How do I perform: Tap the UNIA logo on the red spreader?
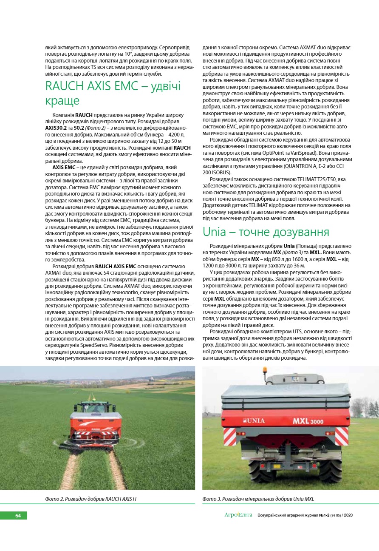coord(254,420)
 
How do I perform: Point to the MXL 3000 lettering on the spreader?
coord(308,421)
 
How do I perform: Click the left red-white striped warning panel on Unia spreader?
coord(230,437)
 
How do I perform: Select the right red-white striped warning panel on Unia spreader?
coord(341,436)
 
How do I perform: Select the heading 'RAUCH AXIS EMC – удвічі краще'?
coord(113,93)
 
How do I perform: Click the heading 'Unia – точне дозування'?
coord(266,232)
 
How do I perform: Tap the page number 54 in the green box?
coord(18,516)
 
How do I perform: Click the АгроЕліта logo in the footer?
coord(238,515)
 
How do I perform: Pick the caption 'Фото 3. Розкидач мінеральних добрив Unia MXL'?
coord(258,499)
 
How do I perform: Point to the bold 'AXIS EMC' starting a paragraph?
coord(64,168)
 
